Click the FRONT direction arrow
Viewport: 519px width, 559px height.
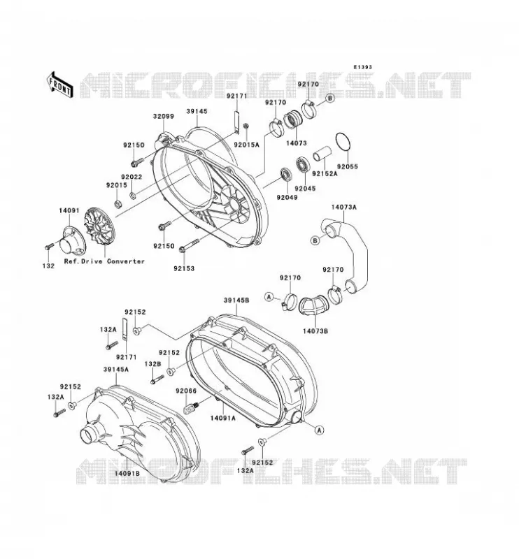60,85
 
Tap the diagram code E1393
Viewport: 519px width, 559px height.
362,67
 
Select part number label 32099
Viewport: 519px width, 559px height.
164,117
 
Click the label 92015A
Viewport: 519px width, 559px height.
246,145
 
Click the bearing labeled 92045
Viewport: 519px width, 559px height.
304,164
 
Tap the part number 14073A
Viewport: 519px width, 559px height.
343,207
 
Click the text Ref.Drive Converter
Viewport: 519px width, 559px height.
105,261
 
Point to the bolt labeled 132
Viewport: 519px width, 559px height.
49,247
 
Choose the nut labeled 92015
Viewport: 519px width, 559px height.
117,204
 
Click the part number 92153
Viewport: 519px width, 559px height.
184,268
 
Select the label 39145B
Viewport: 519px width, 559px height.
236,300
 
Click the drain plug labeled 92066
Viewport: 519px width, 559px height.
192,407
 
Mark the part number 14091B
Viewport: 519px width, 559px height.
127,474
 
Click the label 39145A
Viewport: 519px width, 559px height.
116,370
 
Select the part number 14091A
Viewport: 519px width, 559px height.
222,418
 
